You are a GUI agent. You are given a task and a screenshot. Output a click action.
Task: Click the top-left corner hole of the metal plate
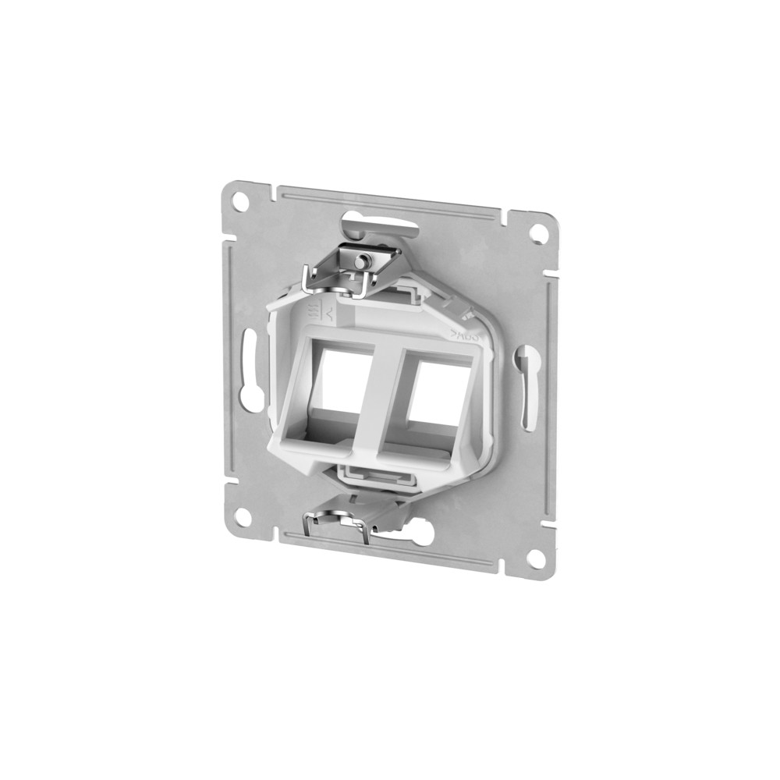240,199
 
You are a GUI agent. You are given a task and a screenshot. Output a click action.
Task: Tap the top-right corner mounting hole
537,232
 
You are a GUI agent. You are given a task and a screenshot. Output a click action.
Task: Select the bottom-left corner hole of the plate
243,515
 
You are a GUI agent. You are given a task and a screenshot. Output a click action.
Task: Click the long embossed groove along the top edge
390,200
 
